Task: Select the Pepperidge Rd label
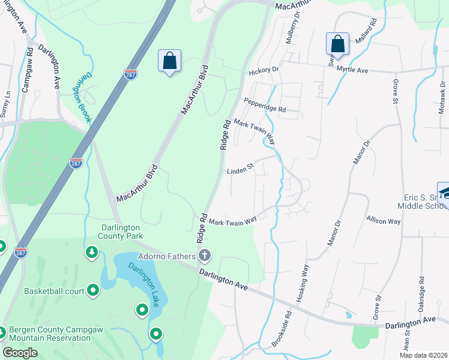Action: coord(264,105)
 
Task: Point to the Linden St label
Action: coord(240,172)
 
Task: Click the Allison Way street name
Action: coord(384,221)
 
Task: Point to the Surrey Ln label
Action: coord(5,104)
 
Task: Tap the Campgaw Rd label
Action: coord(26,71)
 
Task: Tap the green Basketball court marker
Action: coord(93,291)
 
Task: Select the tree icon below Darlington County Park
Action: coord(92,253)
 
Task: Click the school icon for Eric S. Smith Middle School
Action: coord(444,193)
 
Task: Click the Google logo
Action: coord(20,352)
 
